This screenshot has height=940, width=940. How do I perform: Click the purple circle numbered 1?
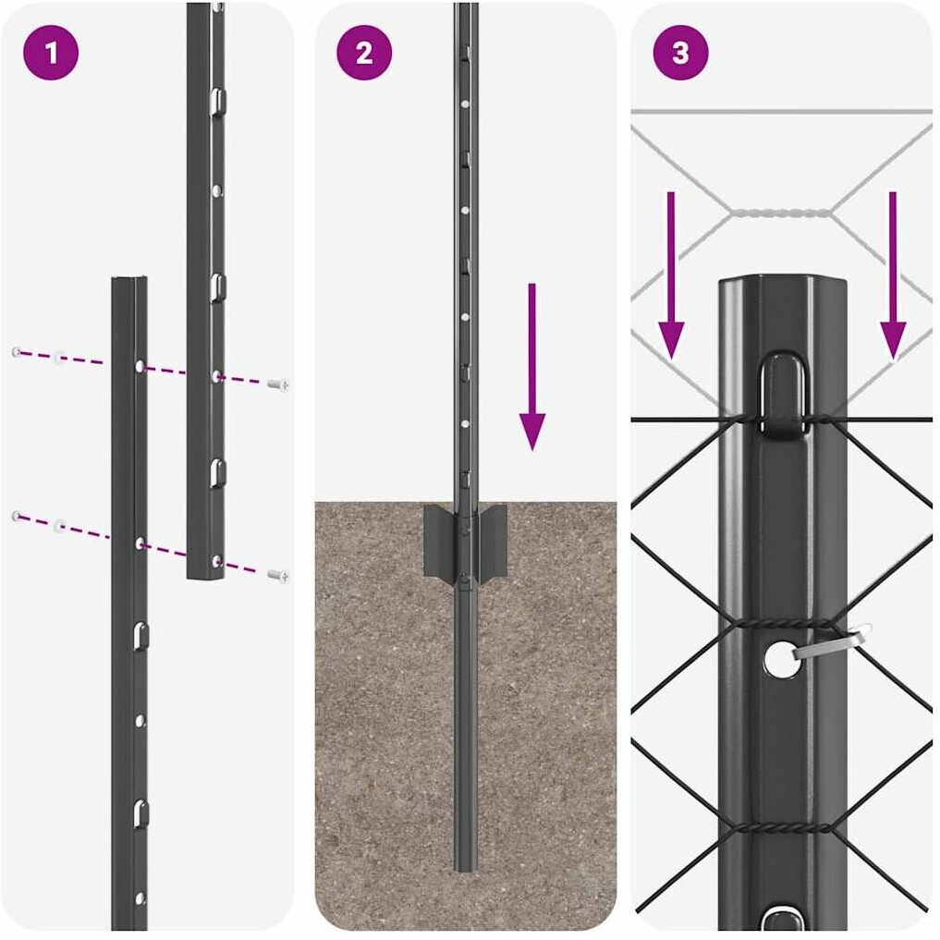point(51,53)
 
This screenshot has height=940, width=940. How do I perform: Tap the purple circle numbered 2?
point(364,53)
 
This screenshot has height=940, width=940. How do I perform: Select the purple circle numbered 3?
point(680,53)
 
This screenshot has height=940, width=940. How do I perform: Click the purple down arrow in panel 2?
point(531,367)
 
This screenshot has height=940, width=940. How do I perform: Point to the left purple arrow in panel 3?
point(671,275)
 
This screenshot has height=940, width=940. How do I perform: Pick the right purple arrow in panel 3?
point(893,275)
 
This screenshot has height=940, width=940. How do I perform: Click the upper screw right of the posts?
point(277,385)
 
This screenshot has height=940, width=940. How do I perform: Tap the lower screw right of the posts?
point(277,576)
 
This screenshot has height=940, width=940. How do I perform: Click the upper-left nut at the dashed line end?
point(17,352)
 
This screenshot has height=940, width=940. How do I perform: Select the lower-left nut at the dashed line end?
point(17,516)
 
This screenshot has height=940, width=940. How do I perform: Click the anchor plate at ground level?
point(465,540)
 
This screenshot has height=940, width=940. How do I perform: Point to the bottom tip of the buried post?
point(465,870)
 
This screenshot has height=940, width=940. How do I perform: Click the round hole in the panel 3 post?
point(781,659)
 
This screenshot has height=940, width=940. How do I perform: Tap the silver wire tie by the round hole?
point(834,642)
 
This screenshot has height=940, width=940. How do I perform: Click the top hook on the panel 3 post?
point(782,393)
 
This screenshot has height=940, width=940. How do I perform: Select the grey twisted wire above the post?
point(781,213)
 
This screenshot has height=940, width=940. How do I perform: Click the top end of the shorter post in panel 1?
point(129,278)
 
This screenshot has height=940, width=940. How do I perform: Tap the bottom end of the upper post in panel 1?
point(205,577)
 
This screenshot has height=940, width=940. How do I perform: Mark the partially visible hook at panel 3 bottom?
point(781,921)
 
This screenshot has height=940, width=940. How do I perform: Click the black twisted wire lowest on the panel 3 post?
point(781,828)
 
